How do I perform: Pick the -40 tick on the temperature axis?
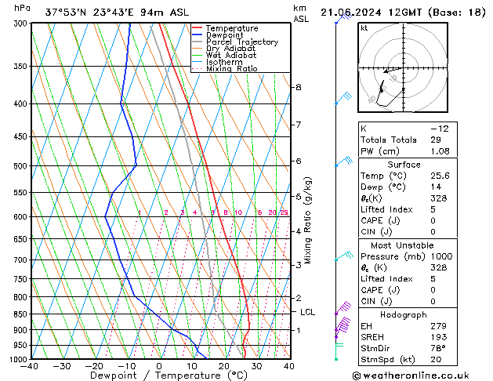(x=31, y=366)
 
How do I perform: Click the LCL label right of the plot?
(x=308, y=312)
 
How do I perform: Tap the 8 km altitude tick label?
(x=298, y=87)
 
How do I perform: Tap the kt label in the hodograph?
(x=364, y=28)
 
